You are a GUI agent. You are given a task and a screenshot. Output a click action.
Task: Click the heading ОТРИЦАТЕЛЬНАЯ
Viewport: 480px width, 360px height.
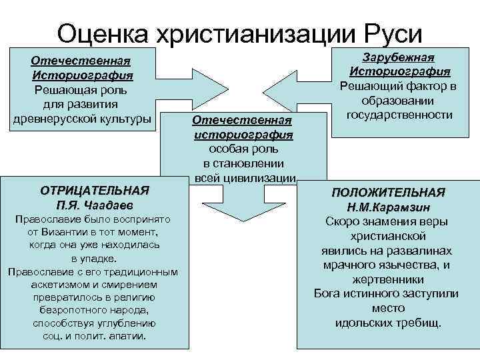tap(93, 190)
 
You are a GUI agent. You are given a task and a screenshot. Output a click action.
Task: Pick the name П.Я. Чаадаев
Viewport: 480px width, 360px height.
tap(93, 204)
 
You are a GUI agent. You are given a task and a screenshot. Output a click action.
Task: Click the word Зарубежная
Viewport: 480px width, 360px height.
tap(400, 58)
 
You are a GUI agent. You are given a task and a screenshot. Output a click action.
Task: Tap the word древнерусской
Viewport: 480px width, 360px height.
tap(57, 119)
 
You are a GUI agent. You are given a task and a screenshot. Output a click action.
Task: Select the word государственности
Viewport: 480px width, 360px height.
tap(400, 114)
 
